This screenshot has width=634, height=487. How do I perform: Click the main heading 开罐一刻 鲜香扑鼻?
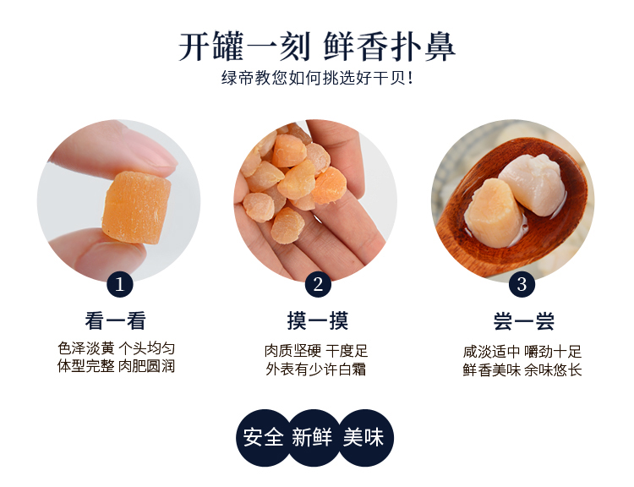[317, 47]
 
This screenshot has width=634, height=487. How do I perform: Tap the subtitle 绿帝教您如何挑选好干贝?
[317, 78]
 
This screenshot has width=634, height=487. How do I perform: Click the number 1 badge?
[120, 284]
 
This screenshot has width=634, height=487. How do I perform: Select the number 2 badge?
[318, 284]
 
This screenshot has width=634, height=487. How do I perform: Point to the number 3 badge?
[522, 284]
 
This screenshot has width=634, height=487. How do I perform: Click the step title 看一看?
[116, 320]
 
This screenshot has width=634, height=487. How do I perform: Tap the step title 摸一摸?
[318, 320]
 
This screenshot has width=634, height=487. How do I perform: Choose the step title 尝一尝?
[524, 321]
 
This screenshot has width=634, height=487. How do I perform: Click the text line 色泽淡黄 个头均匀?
[116, 348]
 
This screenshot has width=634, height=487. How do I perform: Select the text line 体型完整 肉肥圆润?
[116, 366]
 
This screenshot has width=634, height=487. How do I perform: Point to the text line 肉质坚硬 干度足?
[316, 351]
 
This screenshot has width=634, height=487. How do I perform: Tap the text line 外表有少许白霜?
[316, 369]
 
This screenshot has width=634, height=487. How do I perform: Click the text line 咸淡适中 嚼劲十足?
[522, 352]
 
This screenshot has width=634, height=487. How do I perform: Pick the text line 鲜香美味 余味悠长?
[522, 370]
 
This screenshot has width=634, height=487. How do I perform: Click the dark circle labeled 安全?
[264, 438]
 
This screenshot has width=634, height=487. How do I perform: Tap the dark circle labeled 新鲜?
[313, 438]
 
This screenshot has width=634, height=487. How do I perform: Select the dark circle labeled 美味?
[364, 438]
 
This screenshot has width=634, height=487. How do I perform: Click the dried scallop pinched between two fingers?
[136, 207]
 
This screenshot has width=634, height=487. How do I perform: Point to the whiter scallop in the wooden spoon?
[532, 183]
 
